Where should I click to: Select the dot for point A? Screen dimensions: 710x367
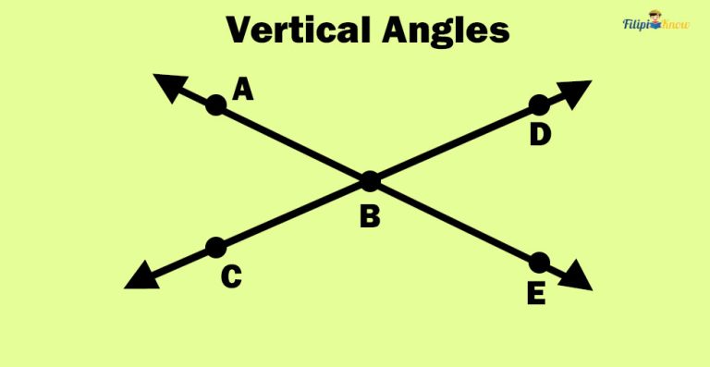(x=215, y=105)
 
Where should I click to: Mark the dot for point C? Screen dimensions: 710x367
(x=215, y=247)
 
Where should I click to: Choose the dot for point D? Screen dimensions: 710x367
(x=539, y=105)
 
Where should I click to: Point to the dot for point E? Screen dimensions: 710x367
(x=539, y=262)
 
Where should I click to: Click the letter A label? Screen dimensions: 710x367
(x=243, y=89)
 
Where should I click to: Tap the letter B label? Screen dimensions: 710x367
(x=370, y=217)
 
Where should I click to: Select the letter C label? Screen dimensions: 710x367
(x=232, y=276)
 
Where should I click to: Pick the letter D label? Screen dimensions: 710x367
(x=540, y=135)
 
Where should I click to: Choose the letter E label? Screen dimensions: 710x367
(x=536, y=294)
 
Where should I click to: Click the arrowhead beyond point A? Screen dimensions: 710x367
(x=169, y=86)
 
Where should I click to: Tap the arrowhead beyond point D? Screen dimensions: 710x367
(x=575, y=91)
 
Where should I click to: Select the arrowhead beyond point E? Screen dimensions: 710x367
(x=577, y=276)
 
